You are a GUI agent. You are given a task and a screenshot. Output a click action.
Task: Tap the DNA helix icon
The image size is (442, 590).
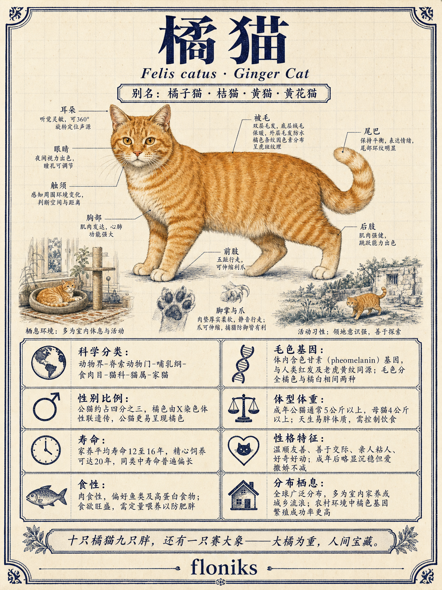tap(243, 364)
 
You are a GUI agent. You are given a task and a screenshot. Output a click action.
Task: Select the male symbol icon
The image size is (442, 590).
tap(46, 406)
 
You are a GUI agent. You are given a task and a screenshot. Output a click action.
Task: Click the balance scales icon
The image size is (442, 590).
tap(244, 408)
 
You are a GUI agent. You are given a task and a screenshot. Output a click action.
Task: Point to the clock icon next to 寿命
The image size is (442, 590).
tap(46, 450)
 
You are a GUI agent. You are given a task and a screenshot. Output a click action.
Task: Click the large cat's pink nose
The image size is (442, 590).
tap(137, 154)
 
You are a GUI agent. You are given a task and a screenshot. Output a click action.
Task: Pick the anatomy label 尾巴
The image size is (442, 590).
tap(371, 131)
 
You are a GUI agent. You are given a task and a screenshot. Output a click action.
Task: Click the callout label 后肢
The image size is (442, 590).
tap(368, 226)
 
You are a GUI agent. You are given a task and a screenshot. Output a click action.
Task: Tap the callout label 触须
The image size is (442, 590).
tap(58, 185)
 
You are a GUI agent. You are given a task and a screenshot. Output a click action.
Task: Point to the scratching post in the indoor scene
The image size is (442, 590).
tap(97, 278)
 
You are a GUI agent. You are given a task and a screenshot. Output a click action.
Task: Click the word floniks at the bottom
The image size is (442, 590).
tap(224, 567)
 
